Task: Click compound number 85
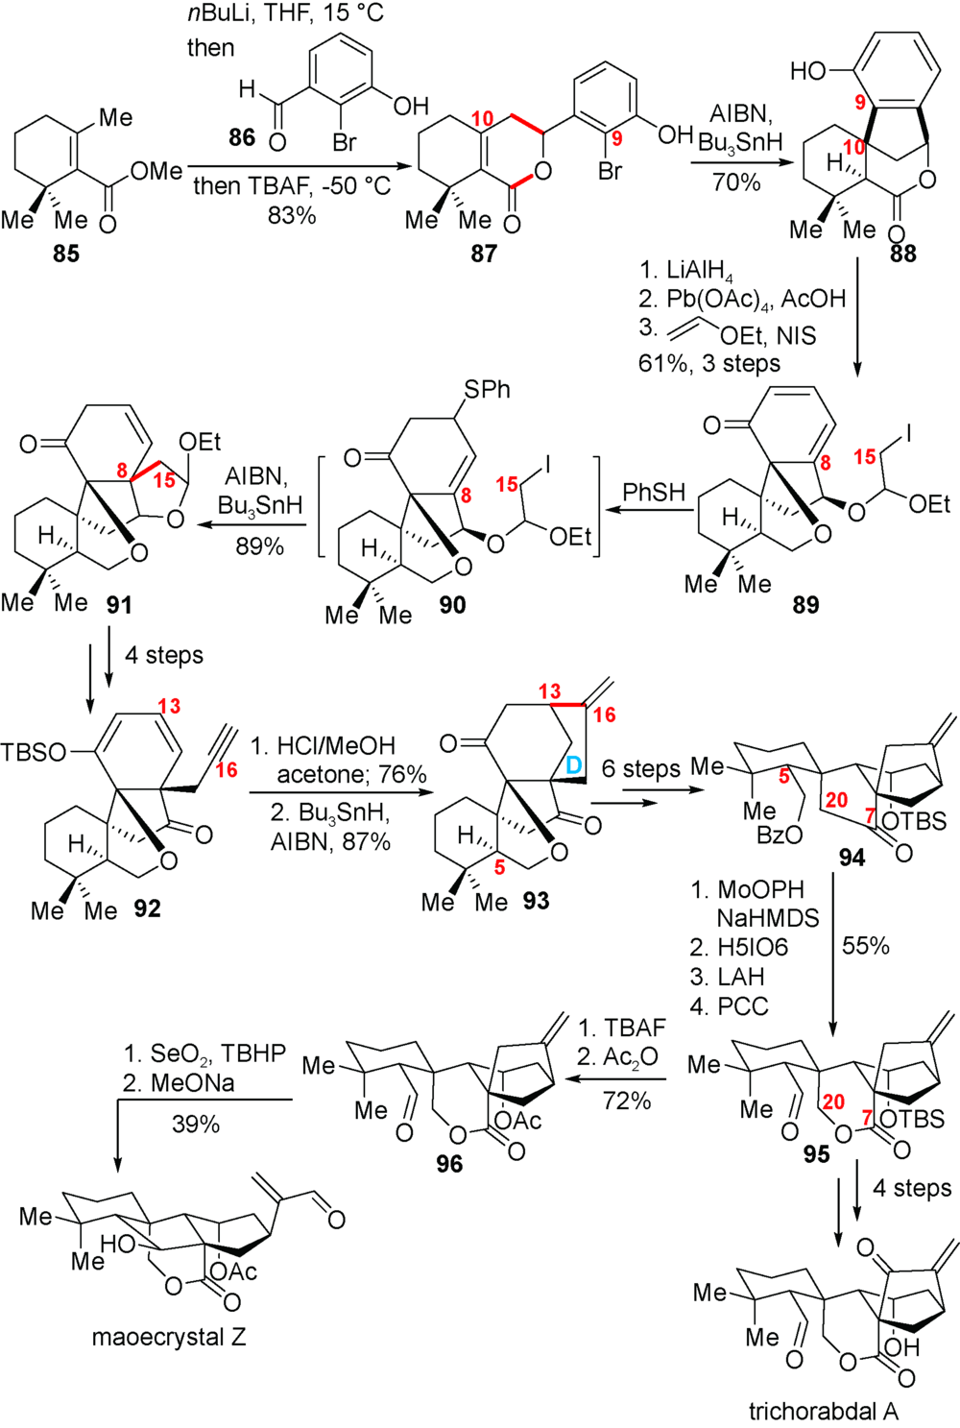coord(65,254)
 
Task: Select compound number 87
coord(484,254)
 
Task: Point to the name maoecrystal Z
coord(169,1337)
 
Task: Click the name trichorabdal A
coord(824,1411)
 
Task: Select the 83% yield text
coord(292,215)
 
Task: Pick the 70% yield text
coord(736,182)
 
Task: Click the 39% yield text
coord(196,1124)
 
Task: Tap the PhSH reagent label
coord(654,493)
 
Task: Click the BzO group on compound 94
coord(779,835)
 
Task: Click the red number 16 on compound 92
coord(226,770)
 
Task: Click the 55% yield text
coord(865,946)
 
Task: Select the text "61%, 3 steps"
coord(708,363)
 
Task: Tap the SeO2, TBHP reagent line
coord(204,1053)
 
